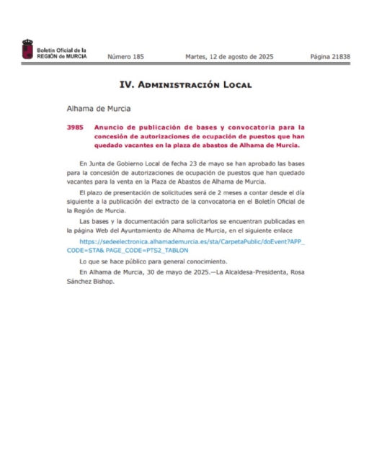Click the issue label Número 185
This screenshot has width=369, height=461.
coord(125,56)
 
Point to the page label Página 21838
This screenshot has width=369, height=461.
coord(329,56)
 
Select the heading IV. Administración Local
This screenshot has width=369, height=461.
coord(184,85)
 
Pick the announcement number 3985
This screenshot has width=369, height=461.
coord(75,127)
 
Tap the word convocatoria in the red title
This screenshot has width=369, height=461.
coord(258,127)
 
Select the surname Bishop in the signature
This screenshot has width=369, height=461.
coord(103,281)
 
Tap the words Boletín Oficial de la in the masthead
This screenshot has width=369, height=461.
coord(62,50)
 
